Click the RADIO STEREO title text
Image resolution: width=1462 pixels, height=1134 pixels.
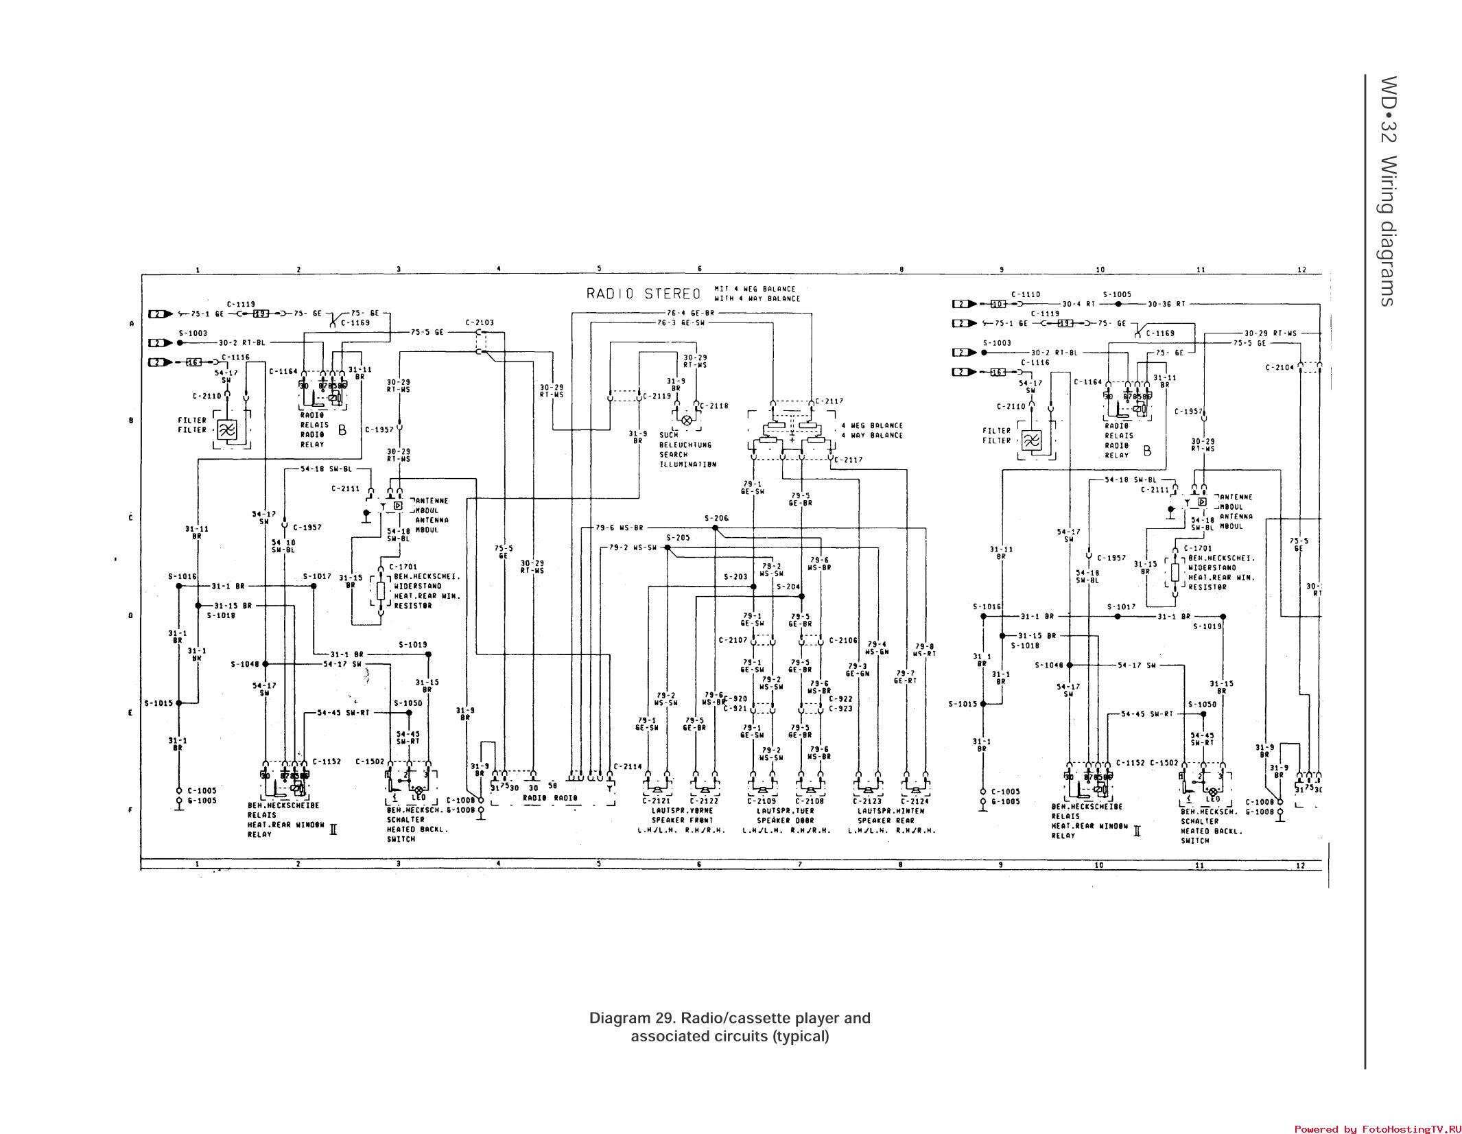[x=643, y=294]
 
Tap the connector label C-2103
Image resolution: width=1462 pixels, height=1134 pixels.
[x=479, y=322]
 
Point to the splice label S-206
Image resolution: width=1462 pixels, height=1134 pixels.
[x=716, y=518]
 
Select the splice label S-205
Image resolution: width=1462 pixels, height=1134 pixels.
[x=678, y=538]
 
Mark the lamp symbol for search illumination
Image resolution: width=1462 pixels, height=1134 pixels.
[x=686, y=419]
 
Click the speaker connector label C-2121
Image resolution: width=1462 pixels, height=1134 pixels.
[x=657, y=801]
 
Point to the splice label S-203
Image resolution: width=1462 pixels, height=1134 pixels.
[x=735, y=577]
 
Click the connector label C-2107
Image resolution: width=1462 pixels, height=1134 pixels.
[x=733, y=640]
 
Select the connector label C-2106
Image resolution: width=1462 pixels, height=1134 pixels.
[x=843, y=640]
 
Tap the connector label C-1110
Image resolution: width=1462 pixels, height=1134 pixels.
[x=1026, y=294]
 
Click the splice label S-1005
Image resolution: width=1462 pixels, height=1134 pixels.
[x=1117, y=294]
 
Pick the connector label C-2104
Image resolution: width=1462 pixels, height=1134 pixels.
[x=1280, y=367]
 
